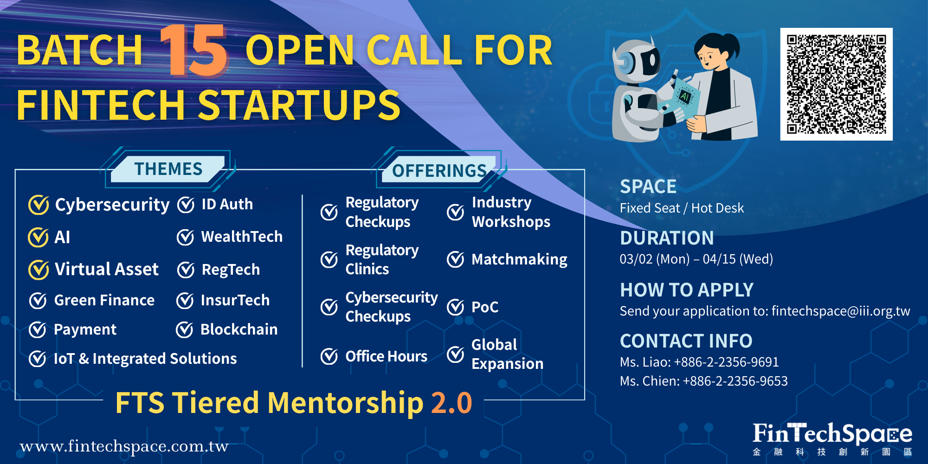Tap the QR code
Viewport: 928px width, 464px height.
pos(836,84)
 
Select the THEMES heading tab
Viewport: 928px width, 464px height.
pos(168,169)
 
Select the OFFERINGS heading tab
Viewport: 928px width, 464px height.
pos(439,170)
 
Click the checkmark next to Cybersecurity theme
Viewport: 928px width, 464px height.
pos(39,205)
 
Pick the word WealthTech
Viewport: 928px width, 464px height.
pos(242,237)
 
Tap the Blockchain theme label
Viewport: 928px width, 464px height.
pos(239,329)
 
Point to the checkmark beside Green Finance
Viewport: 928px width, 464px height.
pos(38,301)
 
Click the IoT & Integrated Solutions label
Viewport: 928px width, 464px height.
pos(145,359)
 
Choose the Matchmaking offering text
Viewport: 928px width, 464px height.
pos(519,259)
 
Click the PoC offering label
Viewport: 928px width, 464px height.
pos(485,307)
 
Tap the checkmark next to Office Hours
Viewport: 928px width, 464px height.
pos(329,356)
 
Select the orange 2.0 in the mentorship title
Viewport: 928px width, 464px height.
pos(451,402)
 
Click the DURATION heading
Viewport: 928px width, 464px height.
pos(667,238)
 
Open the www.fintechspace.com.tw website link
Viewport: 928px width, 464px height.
pos(124,446)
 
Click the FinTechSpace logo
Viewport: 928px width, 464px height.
pos(832,439)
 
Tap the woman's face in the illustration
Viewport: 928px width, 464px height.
pos(709,55)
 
